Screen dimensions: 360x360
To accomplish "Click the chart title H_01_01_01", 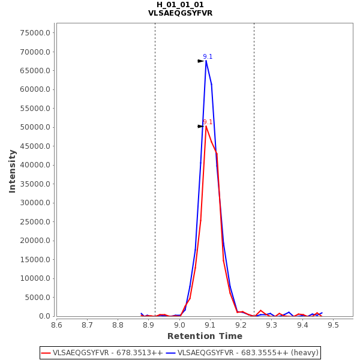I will [180, 5].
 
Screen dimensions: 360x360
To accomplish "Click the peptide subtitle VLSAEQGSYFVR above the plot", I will [180, 13].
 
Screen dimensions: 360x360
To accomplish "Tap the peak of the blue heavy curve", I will [206, 61].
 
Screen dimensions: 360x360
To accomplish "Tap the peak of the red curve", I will [206, 126].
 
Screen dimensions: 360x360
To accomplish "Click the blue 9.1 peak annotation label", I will [208, 56].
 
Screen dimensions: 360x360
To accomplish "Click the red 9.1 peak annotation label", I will [208, 122].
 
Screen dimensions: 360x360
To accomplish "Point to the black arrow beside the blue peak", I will [200, 61].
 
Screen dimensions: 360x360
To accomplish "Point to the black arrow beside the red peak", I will [200, 127].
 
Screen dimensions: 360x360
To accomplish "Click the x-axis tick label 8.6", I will [56, 325].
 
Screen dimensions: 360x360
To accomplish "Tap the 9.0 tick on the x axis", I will [179, 325].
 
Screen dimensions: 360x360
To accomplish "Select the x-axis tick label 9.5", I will [333, 325].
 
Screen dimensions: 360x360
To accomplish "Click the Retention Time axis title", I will [205, 336].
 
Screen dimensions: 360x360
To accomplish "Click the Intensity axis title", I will [13, 171].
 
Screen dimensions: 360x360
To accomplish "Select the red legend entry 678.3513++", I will [103, 353].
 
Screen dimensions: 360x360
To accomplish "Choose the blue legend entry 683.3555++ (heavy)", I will [242, 353].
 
